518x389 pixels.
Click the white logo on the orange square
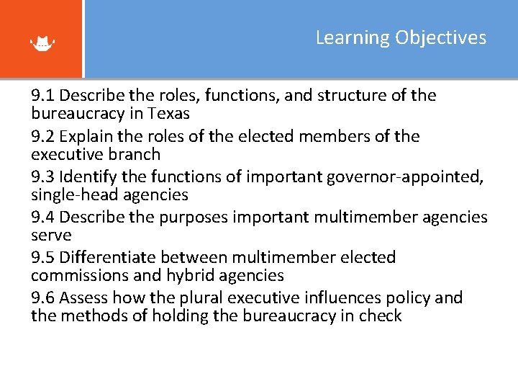click(42, 43)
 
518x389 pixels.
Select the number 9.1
click(42, 96)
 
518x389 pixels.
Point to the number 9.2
click(42, 137)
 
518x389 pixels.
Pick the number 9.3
click(42, 177)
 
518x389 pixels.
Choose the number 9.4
click(42, 218)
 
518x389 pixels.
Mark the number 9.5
click(42, 258)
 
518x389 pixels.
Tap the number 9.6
click(42, 298)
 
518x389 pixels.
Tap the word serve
click(51, 236)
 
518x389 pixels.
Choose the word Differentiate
click(108, 258)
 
